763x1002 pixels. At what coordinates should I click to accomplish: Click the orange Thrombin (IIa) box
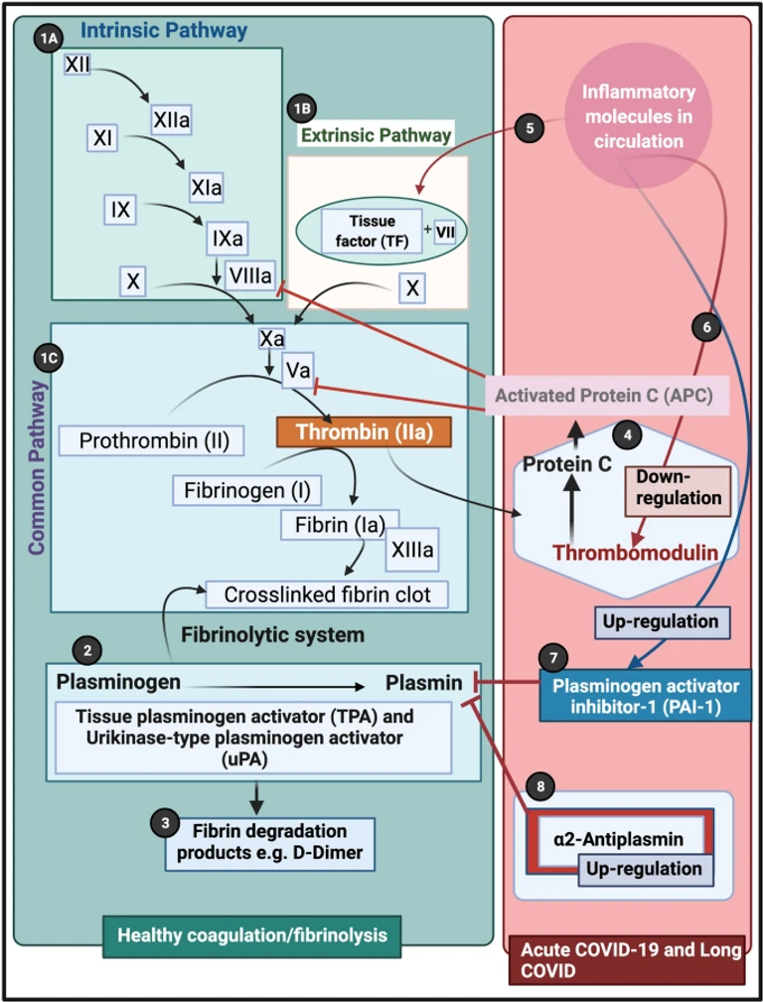tap(363, 432)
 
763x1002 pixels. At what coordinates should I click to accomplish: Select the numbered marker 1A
tap(48, 40)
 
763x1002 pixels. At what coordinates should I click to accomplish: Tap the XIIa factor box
tap(171, 121)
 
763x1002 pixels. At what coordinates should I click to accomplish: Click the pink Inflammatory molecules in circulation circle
tap(639, 117)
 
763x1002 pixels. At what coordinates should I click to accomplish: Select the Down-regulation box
tap(673, 485)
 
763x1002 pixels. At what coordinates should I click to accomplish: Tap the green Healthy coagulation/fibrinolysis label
tap(252, 934)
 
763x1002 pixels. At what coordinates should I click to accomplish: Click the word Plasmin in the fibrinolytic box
tap(424, 683)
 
